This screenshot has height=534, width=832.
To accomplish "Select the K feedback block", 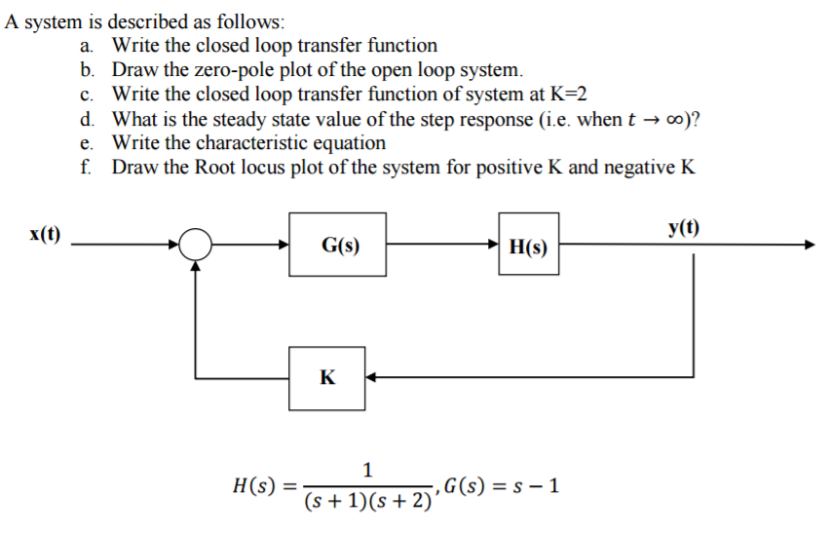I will coord(327,378).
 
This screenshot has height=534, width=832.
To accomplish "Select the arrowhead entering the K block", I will coord(372,378).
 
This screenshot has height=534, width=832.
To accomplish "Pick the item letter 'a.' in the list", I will coord(88,46).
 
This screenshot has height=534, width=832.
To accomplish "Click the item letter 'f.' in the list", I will coord(87,167).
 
